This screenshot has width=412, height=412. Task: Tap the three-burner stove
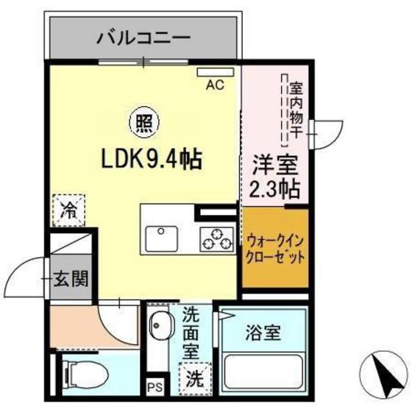point(214,239)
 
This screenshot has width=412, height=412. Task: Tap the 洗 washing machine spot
point(194,380)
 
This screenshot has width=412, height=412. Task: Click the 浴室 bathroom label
point(263,332)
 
